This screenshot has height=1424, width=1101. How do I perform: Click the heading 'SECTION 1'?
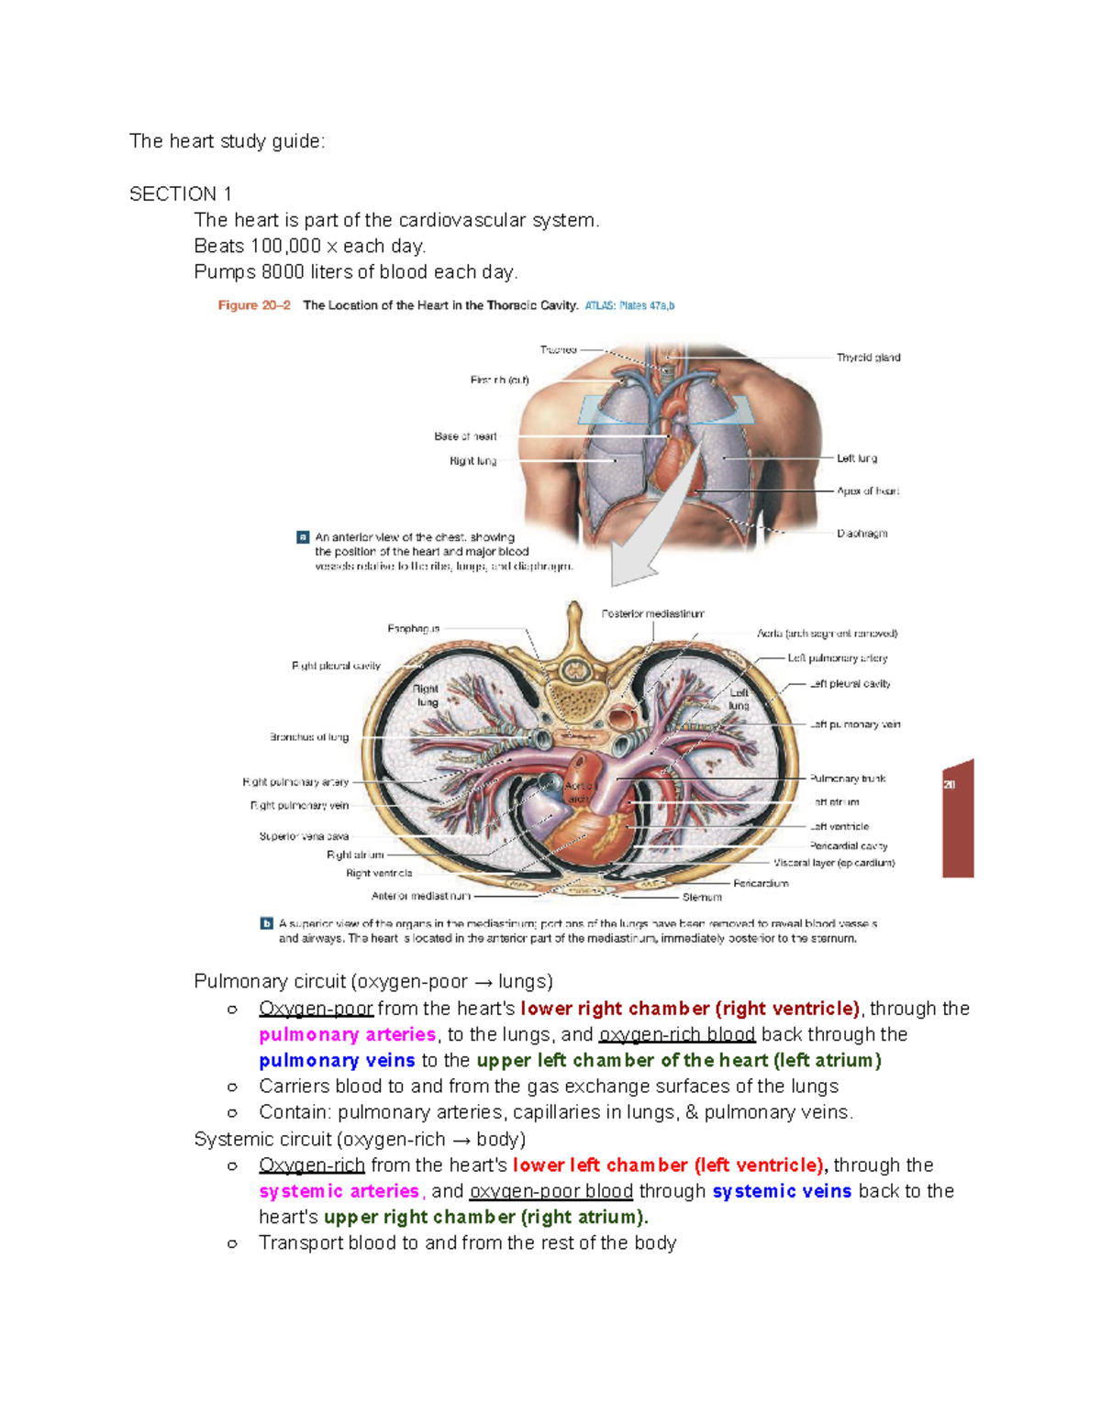[181, 194]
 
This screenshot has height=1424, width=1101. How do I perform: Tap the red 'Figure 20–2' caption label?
[254, 305]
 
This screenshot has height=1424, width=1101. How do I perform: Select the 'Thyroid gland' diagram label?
[868, 358]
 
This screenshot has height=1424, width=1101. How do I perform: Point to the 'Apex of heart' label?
[867, 491]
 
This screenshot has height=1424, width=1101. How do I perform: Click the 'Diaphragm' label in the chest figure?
[862, 534]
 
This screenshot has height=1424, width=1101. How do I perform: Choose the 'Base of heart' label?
[465, 436]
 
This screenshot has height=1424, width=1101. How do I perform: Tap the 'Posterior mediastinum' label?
[653, 613]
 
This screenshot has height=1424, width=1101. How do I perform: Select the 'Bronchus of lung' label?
[309, 737]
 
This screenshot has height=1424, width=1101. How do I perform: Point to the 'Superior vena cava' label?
[304, 836]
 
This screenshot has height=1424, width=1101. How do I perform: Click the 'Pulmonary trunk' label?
[848, 778]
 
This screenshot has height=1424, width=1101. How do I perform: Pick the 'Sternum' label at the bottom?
[702, 898]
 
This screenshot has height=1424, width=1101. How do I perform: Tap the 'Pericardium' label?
[761, 884]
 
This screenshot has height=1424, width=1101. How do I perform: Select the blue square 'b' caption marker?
[267, 923]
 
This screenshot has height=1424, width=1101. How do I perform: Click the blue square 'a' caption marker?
[303, 537]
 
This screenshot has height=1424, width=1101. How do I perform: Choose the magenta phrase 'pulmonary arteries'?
[347, 1034]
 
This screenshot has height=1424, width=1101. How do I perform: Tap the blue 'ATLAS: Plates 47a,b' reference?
[629, 305]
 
